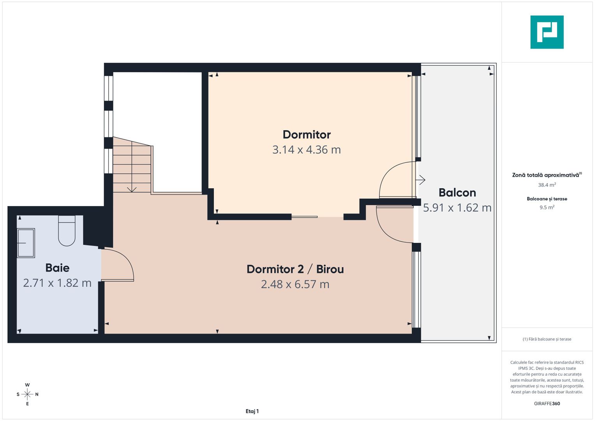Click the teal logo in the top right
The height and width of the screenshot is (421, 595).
547,32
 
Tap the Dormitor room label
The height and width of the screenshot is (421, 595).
307,134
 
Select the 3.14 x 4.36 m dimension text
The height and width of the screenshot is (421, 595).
307,150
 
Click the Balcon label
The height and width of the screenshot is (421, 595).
457,193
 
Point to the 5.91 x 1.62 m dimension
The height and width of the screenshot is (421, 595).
457,208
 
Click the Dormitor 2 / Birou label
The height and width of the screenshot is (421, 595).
295,269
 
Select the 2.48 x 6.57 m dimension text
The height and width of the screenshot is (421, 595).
295,284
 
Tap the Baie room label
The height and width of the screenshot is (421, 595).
57,268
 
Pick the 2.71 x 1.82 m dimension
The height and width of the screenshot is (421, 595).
57,283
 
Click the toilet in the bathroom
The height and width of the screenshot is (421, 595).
67,232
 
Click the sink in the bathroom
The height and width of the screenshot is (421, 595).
26,243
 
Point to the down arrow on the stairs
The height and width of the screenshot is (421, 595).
132,189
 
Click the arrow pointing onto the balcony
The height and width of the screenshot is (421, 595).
420,180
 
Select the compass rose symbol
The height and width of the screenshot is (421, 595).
27,394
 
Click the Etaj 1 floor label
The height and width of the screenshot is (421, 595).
252,411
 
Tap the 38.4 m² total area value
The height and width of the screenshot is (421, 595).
547,185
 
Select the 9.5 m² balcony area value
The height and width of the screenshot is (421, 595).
547,207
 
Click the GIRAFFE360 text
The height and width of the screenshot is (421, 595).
547,403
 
